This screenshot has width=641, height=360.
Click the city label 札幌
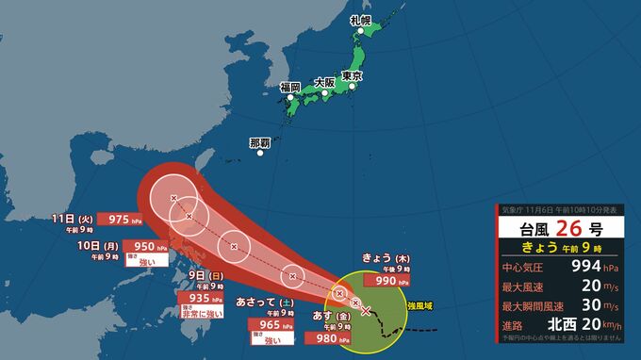point(359,20)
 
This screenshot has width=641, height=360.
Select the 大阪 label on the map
point(324,82)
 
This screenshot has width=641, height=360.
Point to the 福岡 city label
point(289,87)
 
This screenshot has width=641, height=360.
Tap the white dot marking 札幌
point(361,31)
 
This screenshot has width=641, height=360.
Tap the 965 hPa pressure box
point(273,324)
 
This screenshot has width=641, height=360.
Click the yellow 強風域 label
point(420,306)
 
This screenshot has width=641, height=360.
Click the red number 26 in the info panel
point(567,229)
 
